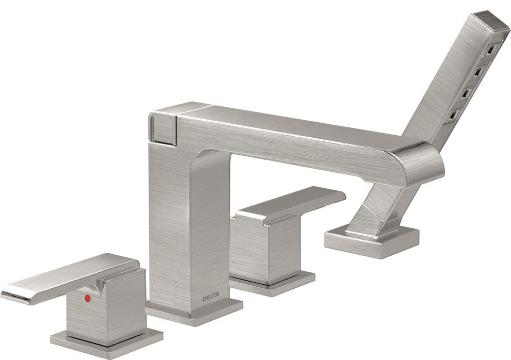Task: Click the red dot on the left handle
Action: (x=87, y=298)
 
